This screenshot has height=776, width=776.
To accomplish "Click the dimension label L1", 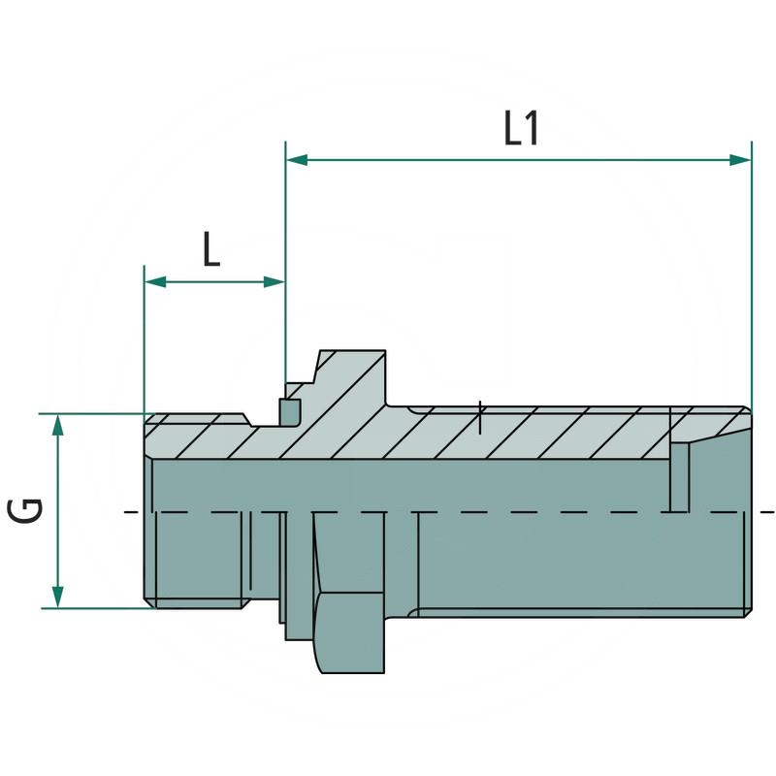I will [521, 129].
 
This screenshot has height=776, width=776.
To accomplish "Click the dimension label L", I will [211, 251].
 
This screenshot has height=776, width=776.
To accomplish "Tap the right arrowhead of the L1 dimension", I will [741, 159].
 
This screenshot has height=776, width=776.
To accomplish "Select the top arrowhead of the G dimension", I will [58, 425].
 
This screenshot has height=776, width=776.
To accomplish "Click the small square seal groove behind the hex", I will [288, 411].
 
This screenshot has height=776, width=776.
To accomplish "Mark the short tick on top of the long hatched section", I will [481, 417].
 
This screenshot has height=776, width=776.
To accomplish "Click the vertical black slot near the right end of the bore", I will [672, 480].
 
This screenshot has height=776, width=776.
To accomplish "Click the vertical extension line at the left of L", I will [144, 339].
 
